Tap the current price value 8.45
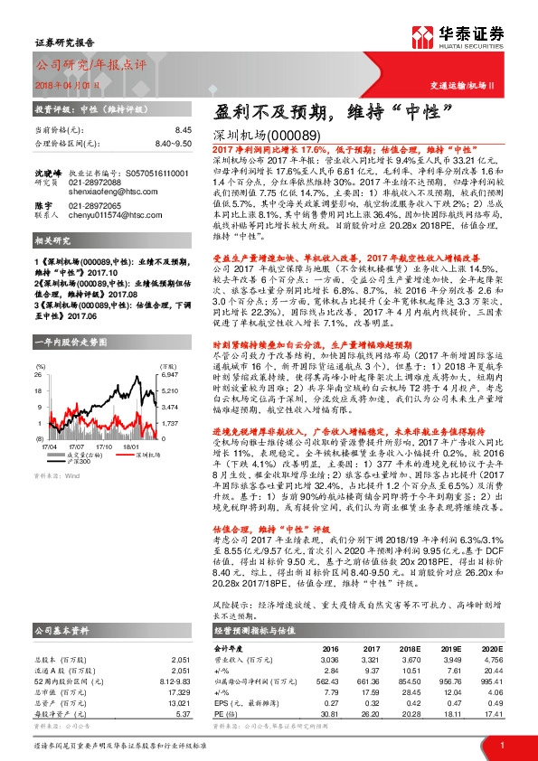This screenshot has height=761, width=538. (184, 130)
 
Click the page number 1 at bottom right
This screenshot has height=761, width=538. (502, 743)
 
